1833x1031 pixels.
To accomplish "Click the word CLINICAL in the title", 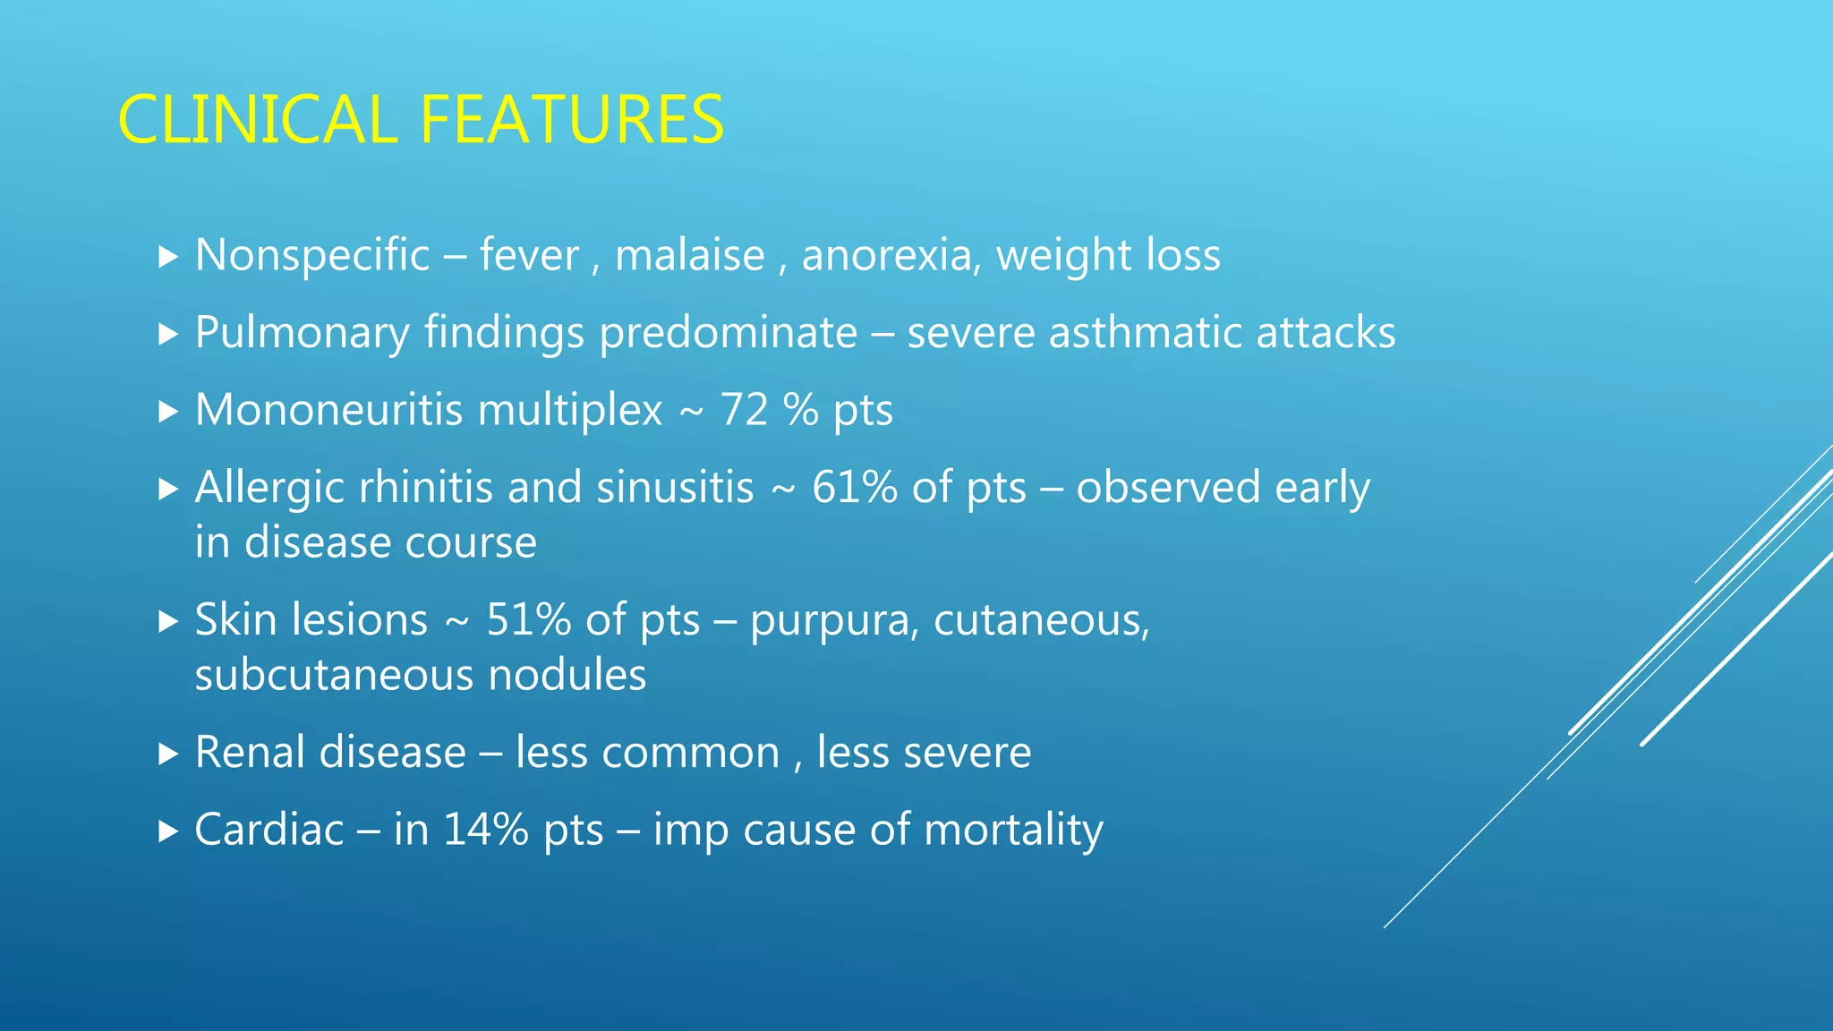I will pyautogui.click(x=257, y=120).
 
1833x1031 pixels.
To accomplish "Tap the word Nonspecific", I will pyautogui.click(x=312, y=256).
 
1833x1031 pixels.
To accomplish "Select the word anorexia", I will pyautogui.click(x=886, y=256).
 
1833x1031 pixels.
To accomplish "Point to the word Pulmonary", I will pyautogui.click(x=302, y=334).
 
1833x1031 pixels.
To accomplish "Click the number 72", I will pyautogui.click(x=744, y=410).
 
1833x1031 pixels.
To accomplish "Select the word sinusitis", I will pyautogui.click(x=675, y=488).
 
